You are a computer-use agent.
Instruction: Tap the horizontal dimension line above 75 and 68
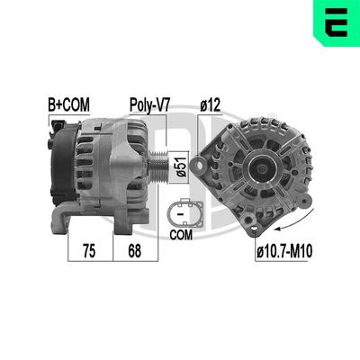point(108,231)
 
